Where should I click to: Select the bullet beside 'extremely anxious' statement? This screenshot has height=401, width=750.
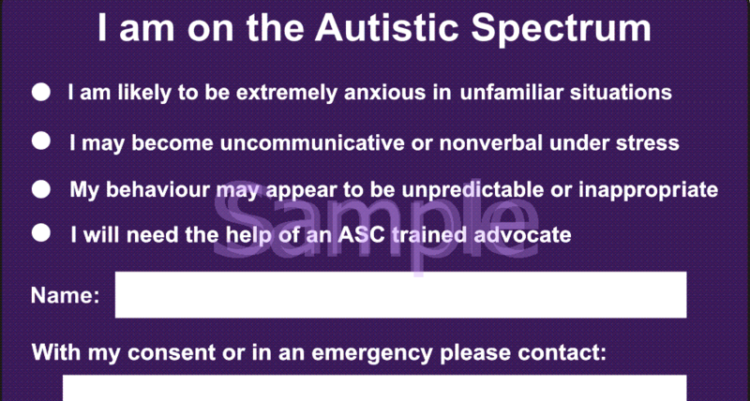(x=41, y=93)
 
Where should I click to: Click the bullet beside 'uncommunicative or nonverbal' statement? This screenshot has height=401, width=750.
(x=41, y=142)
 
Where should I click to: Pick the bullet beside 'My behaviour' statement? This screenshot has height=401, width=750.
(x=41, y=189)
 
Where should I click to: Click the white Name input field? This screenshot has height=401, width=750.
(x=400, y=296)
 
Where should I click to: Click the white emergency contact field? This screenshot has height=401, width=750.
(x=375, y=389)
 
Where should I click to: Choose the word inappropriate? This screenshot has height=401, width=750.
(x=648, y=190)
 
